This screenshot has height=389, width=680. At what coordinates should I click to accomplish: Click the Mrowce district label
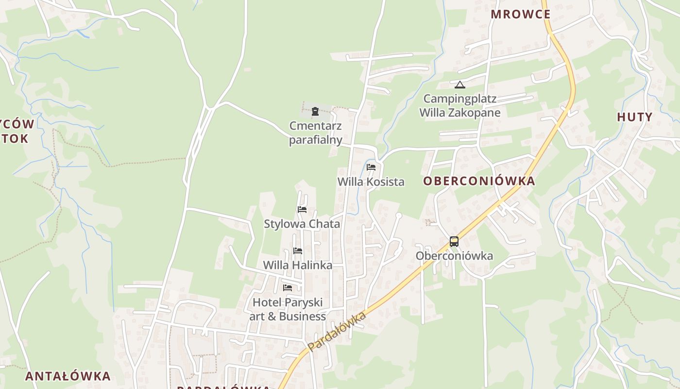tap(520, 14)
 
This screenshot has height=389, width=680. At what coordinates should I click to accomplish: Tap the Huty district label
tap(634, 117)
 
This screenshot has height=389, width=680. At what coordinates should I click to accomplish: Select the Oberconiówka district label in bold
tap(478, 181)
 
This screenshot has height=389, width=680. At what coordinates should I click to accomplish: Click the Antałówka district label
tap(68, 376)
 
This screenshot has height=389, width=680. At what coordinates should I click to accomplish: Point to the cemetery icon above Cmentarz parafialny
tap(315, 111)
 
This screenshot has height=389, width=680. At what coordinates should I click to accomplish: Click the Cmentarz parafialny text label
tap(316, 133)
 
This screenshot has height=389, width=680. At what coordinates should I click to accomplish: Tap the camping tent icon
tap(460, 85)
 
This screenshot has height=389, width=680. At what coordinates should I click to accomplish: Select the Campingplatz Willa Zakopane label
tap(459, 106)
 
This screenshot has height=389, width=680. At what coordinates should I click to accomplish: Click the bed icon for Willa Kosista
tap(371, 167)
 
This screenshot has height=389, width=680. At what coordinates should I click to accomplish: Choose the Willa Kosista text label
tap(371, 182)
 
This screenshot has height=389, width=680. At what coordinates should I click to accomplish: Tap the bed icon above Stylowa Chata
tap(302, 210)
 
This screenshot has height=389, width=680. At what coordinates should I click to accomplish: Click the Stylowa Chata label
tap(302, 224)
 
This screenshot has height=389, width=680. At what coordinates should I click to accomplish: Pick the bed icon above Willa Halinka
tap(298, 251)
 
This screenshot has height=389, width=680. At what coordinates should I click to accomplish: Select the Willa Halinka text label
tap(297, 265)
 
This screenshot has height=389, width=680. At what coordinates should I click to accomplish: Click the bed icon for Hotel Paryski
tap(288, 287)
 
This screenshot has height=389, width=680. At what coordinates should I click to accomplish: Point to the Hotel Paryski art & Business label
tap(288, 309)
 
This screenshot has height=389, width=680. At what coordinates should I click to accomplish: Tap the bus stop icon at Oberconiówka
tap(454, 241)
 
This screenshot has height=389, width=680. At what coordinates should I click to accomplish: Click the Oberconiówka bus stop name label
tap(454, 256)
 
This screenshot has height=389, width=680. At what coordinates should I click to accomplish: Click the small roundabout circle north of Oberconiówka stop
tap(399, 215)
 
